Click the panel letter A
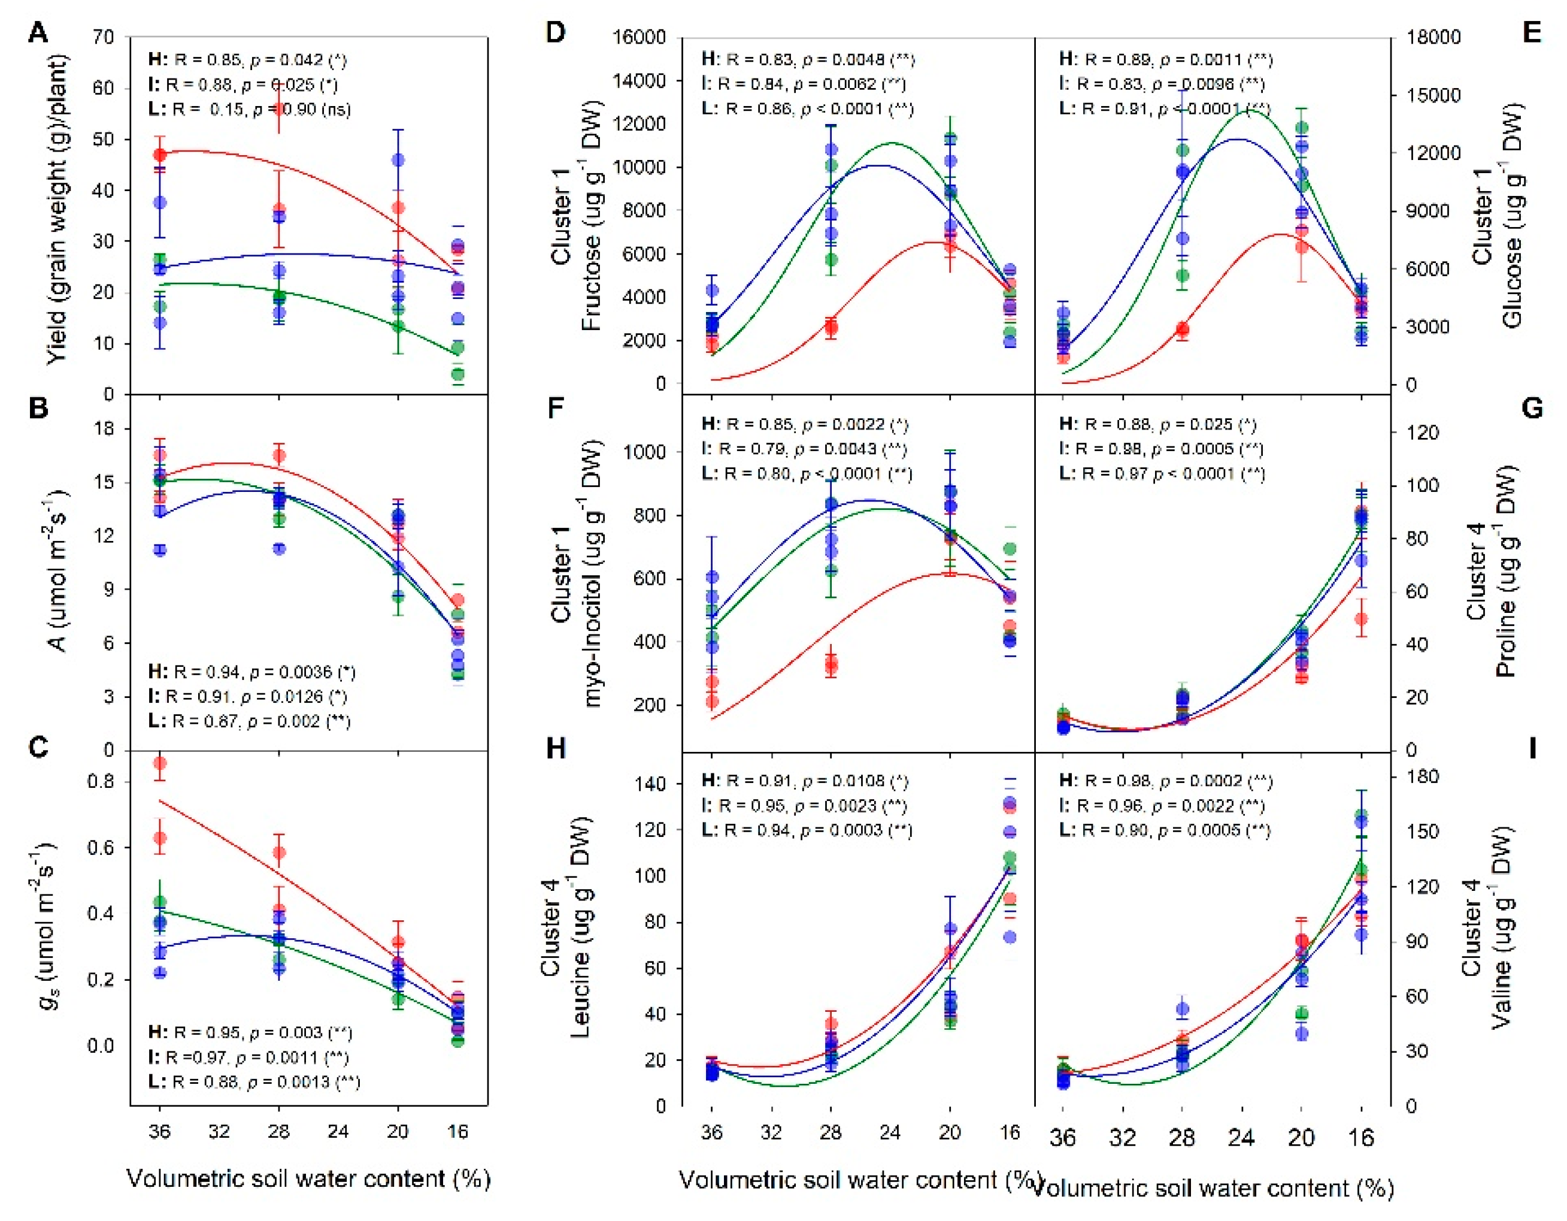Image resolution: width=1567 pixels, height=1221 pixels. tap(38, 33)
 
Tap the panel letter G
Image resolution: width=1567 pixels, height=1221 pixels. tap(1531, 409)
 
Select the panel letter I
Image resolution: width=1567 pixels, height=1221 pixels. tap(1532, 749)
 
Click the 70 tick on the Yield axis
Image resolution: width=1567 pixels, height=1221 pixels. tap(102, 37)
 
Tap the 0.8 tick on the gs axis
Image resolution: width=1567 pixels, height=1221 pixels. tap(101, 781)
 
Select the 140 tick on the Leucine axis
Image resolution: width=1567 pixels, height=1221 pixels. tap(651, 784)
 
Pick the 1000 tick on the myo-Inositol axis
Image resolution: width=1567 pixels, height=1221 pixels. tap(645, 452)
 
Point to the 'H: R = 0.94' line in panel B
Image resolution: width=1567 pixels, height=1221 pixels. tap(251, 672)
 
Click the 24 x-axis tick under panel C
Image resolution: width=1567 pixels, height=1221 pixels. tap(338, 1131)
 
